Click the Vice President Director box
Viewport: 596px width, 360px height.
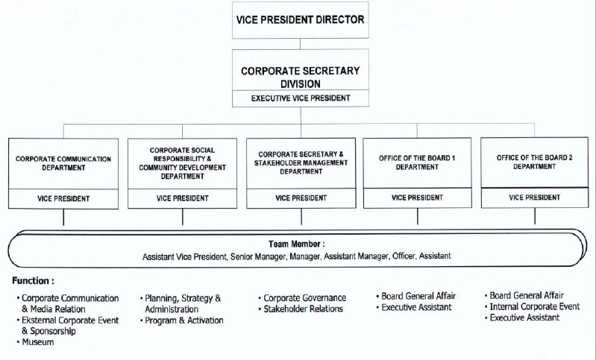(301, 20)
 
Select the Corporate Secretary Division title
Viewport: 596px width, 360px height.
(301, 77)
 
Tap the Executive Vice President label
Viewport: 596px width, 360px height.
(301, 98)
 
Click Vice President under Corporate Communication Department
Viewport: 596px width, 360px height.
(63, 198)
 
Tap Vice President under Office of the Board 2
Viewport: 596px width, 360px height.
(534, 198)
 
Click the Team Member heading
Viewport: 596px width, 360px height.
(296, 244)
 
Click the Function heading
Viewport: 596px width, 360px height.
(33, 281)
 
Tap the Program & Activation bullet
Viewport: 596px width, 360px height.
(182, 320)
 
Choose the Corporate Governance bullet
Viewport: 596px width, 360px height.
(302, 298)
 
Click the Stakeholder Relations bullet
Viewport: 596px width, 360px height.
(301, 309)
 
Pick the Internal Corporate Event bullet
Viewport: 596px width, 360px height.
(532, 306)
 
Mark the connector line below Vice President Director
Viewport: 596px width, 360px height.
(301, 44)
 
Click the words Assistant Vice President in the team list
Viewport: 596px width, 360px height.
(184, 257)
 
